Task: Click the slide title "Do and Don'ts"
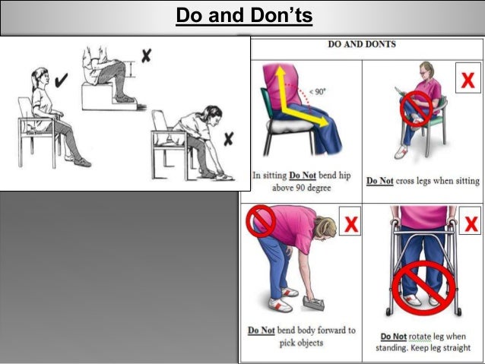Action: click(x=244, y=15)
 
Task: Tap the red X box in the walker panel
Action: click(x=467, y=226)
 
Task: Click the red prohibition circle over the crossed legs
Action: click(x=416, y=108)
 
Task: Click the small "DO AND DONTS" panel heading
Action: click(x=362, y=44)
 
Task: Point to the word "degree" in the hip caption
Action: click(x=318, y=188)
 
